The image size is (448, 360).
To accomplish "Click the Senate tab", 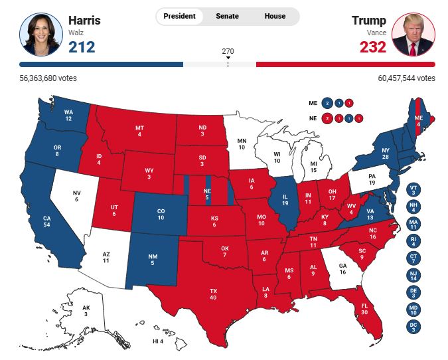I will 227,16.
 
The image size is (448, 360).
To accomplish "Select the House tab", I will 275,16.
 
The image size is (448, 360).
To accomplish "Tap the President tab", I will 179,16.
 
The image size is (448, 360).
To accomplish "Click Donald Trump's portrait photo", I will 413,34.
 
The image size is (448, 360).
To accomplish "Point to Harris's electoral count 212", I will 82,47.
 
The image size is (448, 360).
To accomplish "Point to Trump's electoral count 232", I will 372,47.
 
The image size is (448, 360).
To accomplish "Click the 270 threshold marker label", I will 228,50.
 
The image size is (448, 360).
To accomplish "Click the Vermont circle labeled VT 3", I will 413,191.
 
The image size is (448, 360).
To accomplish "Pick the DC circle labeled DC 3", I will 413,326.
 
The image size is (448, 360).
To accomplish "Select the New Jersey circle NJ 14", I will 413,276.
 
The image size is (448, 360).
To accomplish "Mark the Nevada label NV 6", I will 76,196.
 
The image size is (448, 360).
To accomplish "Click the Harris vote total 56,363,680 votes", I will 48,78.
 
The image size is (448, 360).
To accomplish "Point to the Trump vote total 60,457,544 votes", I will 407,78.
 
